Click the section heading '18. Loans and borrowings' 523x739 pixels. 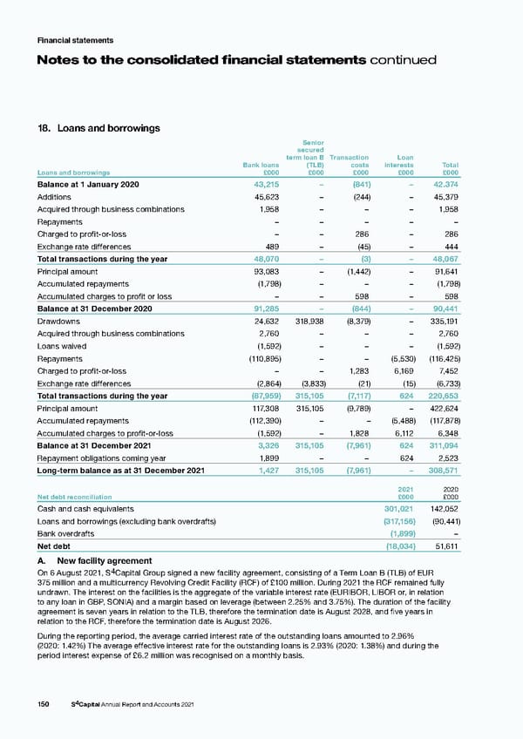[97, 128]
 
